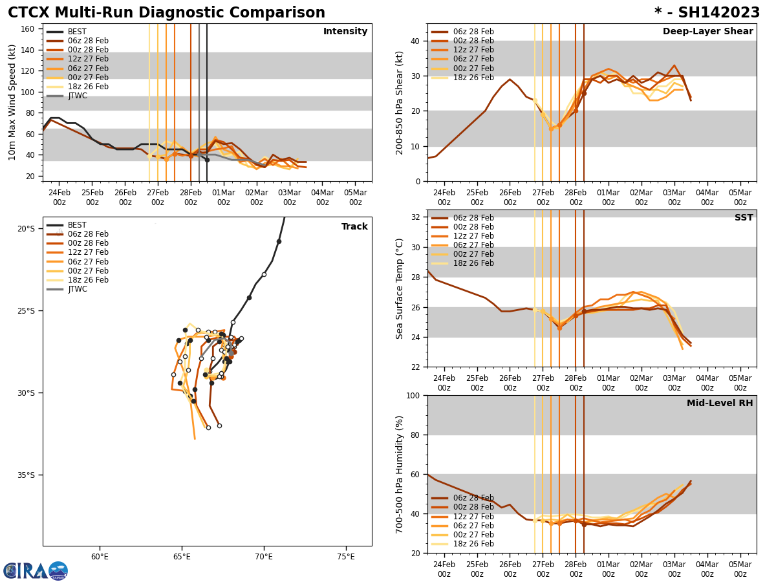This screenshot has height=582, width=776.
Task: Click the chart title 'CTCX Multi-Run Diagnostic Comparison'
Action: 166,13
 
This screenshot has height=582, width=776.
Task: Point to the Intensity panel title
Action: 345,32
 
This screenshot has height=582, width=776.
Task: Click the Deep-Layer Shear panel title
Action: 707,32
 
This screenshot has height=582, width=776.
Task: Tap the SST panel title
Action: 744,218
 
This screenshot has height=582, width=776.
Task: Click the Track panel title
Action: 354,227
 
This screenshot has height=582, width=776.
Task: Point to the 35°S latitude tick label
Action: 26,475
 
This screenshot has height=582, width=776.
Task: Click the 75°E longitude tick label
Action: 346,557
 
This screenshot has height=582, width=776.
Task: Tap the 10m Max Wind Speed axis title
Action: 12,102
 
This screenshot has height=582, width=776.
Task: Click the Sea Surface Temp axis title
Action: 400,288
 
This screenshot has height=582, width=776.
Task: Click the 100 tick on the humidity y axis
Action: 413,395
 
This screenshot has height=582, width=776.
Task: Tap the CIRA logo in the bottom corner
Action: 36,571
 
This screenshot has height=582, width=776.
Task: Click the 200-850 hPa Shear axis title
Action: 400,102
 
